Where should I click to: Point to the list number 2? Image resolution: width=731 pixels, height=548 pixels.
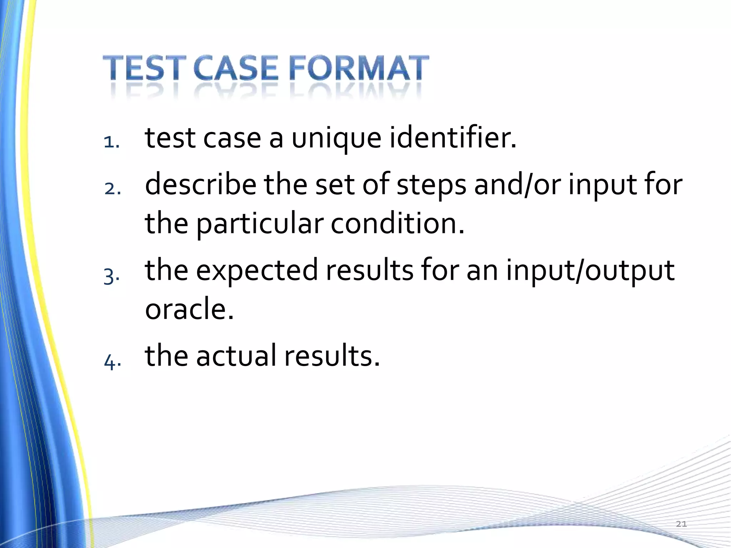click(x=112, y=189)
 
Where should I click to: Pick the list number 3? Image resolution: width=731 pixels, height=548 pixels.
click(x=111, y=276)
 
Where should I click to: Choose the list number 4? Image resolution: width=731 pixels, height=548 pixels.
click(x=112, y=362)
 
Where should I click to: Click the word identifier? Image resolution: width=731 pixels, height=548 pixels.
click(x=453, y=138)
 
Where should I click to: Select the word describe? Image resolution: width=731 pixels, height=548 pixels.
click(x=200, y=184)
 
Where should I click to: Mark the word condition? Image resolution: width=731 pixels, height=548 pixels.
click(x=397, y=224)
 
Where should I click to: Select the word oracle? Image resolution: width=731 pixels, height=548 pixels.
click(x=189, y=309)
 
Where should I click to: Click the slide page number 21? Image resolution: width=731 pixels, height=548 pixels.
click(x=681, y=524)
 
